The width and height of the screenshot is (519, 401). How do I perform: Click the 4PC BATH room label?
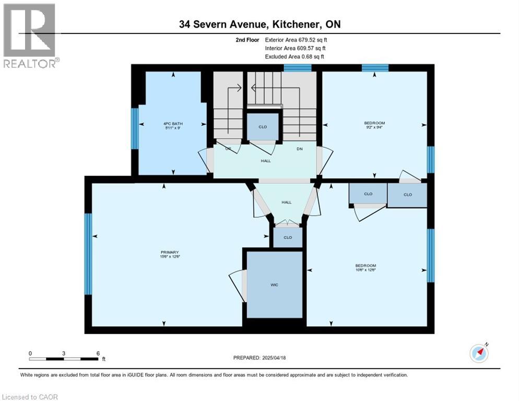tap(173, 124)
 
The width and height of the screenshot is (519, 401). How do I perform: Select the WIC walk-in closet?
tap(275, 285)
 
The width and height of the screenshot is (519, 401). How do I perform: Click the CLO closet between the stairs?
tap(263, 127)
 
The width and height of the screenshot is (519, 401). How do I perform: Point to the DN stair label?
tap(300, 149)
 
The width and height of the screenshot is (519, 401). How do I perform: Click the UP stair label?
tap(228, 149)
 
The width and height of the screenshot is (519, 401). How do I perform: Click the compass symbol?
tap(479, 353)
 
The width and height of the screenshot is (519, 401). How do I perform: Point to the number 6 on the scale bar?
tap(98, 353)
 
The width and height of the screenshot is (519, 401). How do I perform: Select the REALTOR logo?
tap(30, 36)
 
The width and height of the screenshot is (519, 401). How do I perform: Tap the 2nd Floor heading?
tap(246, 40)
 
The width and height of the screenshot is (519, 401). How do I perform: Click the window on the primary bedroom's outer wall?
tap(88, 254)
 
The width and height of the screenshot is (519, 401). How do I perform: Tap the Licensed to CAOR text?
tap(29, 397)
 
